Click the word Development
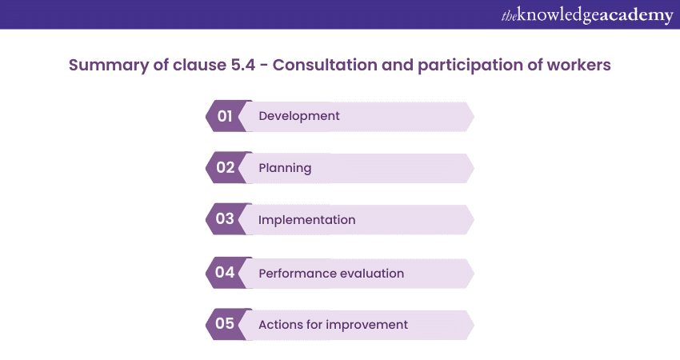[299, 116]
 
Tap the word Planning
[285, 168]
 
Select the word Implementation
[306, 220]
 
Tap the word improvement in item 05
[367, 325]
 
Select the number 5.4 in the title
[243, 65]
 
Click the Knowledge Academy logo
[587, 15]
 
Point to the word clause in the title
[199, 65]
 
